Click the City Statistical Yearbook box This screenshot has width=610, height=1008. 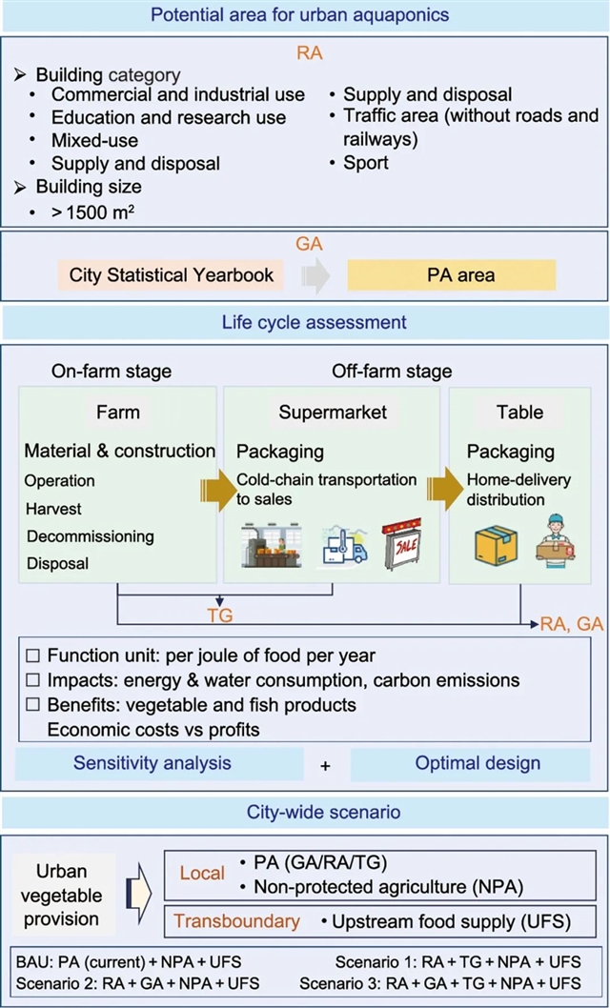pos(172,275)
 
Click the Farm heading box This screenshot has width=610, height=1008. pos(118,413)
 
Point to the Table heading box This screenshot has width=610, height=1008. pos(519,413)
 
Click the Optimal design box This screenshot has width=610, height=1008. pos(477,763)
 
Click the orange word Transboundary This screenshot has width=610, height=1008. pos(236,921)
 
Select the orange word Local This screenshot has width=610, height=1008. pos(202,873)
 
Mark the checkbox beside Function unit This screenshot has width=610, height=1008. pos(33,656)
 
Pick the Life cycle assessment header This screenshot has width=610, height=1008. pos(305,322)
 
